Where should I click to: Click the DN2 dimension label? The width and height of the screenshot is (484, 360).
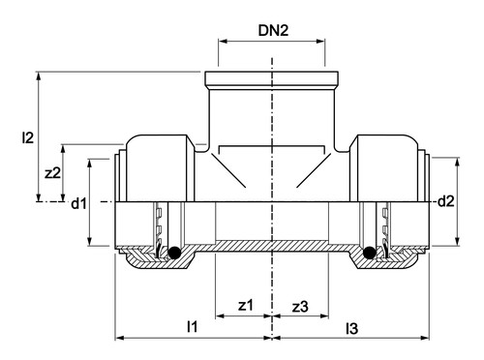(273, 30)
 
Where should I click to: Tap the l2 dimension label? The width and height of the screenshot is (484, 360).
(28, 137)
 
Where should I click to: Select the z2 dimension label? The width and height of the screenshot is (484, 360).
(52, 173)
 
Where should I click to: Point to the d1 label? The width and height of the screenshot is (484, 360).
(78, 203)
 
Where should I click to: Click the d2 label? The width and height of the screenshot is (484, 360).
(446, 201)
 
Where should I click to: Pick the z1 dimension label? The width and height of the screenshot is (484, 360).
(246, 305)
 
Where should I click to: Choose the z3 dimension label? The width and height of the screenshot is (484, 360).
(300, 307)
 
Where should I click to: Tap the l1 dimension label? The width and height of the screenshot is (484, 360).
(192, 327)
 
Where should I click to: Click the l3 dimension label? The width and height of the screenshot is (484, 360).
(351, 329)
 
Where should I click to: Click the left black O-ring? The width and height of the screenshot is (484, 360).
(174, 253)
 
